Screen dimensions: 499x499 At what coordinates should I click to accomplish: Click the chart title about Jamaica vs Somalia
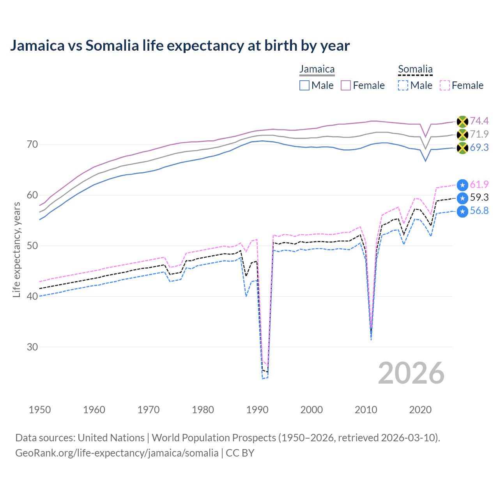coord(180,46)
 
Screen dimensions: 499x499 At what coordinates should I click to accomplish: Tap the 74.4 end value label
coord(479,121)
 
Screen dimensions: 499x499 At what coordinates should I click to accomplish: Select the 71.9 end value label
coord(479,134)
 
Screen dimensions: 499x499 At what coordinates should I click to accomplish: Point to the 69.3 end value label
coord(479,148)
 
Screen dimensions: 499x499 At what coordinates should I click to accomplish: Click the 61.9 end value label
coord(479,185)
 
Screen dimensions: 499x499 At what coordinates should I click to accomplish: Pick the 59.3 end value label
coord(479,198)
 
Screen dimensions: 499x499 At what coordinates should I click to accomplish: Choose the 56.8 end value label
coord(479,211)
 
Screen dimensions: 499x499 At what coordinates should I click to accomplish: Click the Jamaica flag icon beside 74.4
coord(462,122)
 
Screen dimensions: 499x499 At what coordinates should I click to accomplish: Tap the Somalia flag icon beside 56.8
coord(462,212)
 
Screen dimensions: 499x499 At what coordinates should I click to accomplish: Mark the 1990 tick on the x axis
coord(257,410)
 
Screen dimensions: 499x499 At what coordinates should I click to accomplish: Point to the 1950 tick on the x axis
coord(40,410)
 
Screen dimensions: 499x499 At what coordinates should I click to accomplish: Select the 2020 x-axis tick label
coord(420,410)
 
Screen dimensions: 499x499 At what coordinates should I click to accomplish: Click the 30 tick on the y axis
coord(32,347)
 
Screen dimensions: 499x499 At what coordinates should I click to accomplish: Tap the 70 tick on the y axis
coord(32,145)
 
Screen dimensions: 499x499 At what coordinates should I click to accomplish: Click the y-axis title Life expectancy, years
coord(16,249)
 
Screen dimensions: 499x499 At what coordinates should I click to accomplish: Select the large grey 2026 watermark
coord(411,373)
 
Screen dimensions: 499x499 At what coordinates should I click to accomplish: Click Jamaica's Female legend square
coord(346,85)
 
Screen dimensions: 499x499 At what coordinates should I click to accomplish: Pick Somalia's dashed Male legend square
coord(403,85)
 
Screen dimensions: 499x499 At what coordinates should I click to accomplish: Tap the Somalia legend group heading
coord(415,69)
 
